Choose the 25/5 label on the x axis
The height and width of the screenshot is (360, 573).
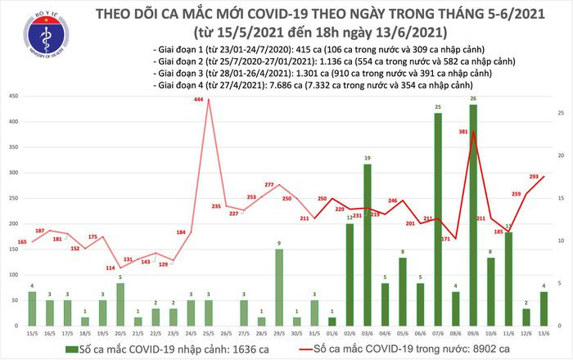[208, 332]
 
